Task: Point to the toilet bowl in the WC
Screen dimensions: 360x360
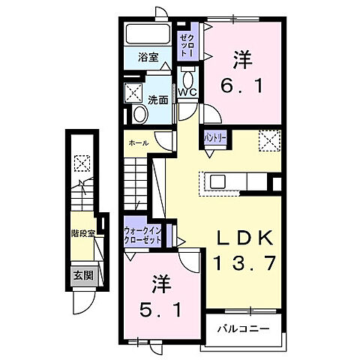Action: coord(187,78)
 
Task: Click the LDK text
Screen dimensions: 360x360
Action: coord(242,238)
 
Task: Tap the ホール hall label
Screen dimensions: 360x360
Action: coord(138,142)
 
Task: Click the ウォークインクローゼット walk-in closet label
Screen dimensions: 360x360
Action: coord(147,235)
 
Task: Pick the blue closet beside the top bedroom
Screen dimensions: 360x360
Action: coord(187,47)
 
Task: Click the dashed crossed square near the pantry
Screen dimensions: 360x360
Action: coord(268,139)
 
